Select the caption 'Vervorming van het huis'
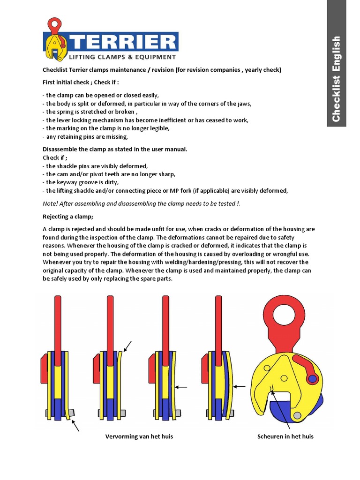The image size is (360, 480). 139,436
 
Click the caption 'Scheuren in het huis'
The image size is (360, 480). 285,436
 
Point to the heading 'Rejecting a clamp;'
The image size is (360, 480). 68,216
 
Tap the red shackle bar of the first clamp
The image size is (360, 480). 58,323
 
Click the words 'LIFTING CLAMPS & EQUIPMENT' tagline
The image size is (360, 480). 122,57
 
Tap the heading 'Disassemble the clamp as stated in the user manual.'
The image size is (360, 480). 115,149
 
